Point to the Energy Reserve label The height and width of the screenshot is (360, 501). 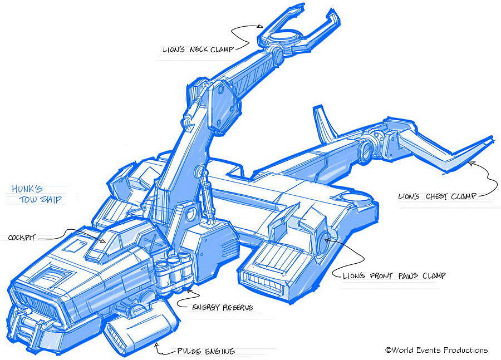click(223, 307)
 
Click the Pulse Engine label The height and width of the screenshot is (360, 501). click(205, 351)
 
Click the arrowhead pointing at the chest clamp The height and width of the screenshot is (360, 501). click(471, 163)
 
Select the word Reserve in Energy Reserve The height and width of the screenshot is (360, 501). click(238, 307)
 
